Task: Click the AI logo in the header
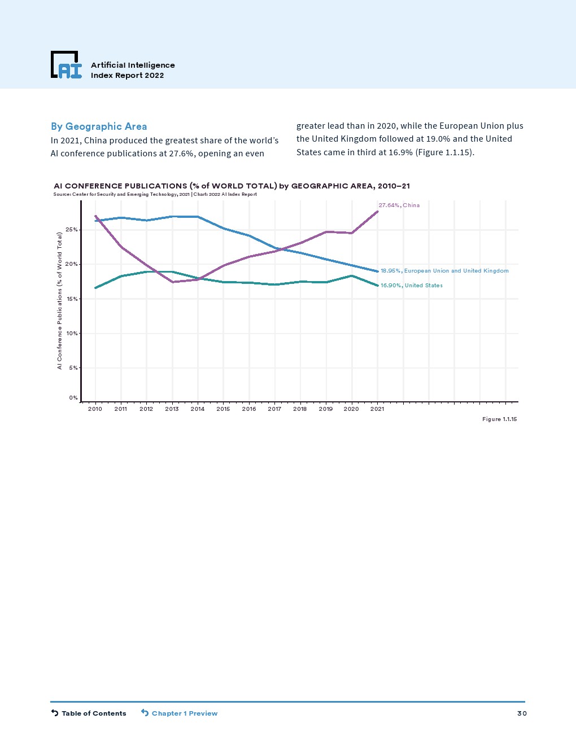(66, 65)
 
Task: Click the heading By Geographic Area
(99, 126)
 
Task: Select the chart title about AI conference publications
(232, 186)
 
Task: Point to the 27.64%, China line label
(399, 205)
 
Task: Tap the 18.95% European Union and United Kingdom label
(444, 271)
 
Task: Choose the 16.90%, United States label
(411, 286)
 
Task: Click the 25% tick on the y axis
(72, 230)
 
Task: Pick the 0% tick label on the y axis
(73, 398)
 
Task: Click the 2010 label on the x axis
(95, 409)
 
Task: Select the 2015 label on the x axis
(223, 409)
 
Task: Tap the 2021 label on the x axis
(377, 409)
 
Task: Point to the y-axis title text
(59, 301)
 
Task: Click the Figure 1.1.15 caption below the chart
(499, 419)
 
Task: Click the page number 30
(522, 713)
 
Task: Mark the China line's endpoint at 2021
(377, 212)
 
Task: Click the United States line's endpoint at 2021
(377, 286)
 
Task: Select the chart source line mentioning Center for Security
(155, 194)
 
